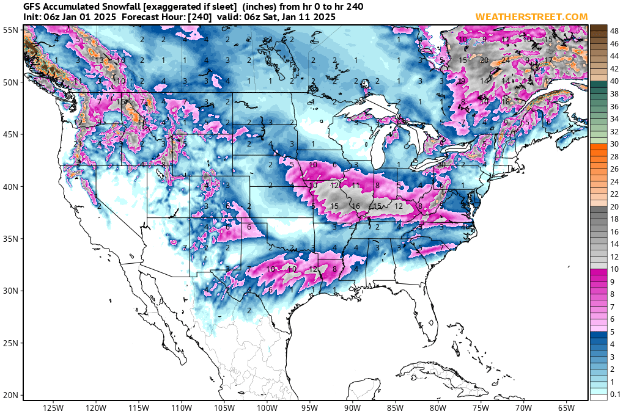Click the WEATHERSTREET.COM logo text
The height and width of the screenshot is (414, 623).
531,16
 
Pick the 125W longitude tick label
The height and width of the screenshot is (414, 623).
54,407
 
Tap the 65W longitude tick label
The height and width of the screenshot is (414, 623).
566,407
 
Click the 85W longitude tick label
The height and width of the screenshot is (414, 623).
396,407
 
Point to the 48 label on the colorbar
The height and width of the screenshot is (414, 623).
614,29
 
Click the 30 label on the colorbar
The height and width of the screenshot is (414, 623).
614,143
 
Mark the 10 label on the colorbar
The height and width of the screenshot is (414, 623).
614,270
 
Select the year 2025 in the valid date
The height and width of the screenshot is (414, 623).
323,17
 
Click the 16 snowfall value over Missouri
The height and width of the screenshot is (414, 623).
356,206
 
